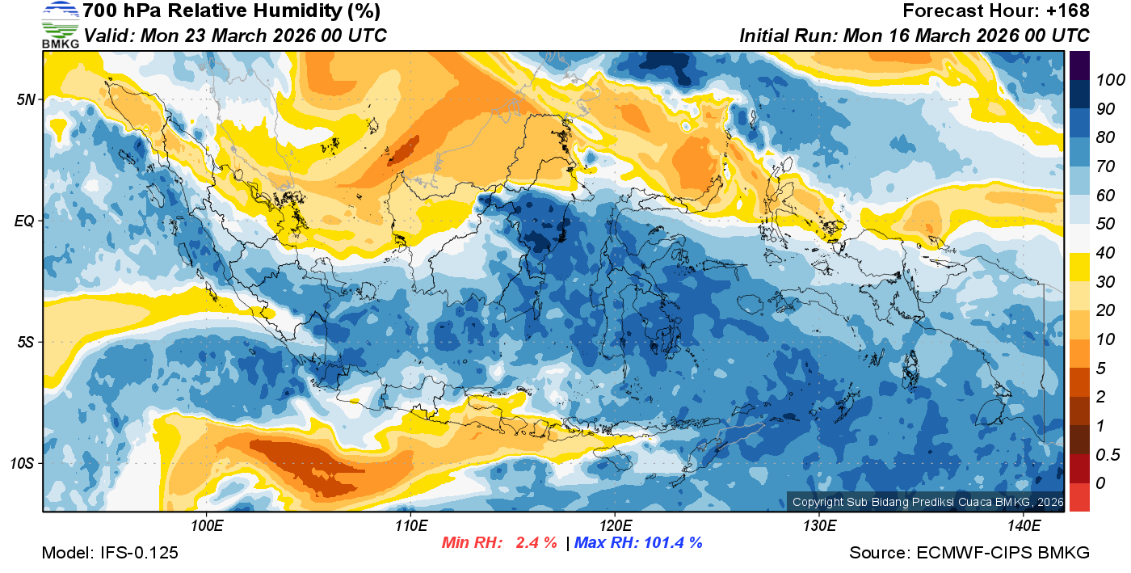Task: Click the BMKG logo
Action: pyautogui.click(x=60, y=24)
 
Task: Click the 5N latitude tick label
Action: pyautogui.click(x=27, y=100)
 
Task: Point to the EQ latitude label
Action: pyautogui.click(x=25, y=221)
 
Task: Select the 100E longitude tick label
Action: pyautogui.click(x=207, y=526)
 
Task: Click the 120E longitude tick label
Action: pyautogui.click(x=615, y=526)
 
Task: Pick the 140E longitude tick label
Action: pyautogui.click(x=1024, y=526)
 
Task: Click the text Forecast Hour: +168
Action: pyautogui.click(x=996, y=11)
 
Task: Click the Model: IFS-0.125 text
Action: pyautogui.click(x=110, y=553)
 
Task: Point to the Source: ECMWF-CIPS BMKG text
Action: pyautogui.click(x=969, y=553)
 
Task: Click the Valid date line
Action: pyautogui.click(x=235, y=36)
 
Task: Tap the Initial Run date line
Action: pyautogui.click(x=914, y=36)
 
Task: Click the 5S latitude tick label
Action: pyautogui.click(x=26, y=343)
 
